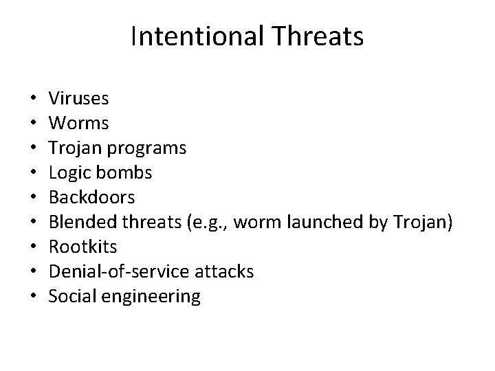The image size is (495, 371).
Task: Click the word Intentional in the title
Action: point(195,36)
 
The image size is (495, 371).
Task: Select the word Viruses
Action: point(79,99)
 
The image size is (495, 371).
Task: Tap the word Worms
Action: point(78,124)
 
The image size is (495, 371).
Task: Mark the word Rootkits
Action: point(84,247)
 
